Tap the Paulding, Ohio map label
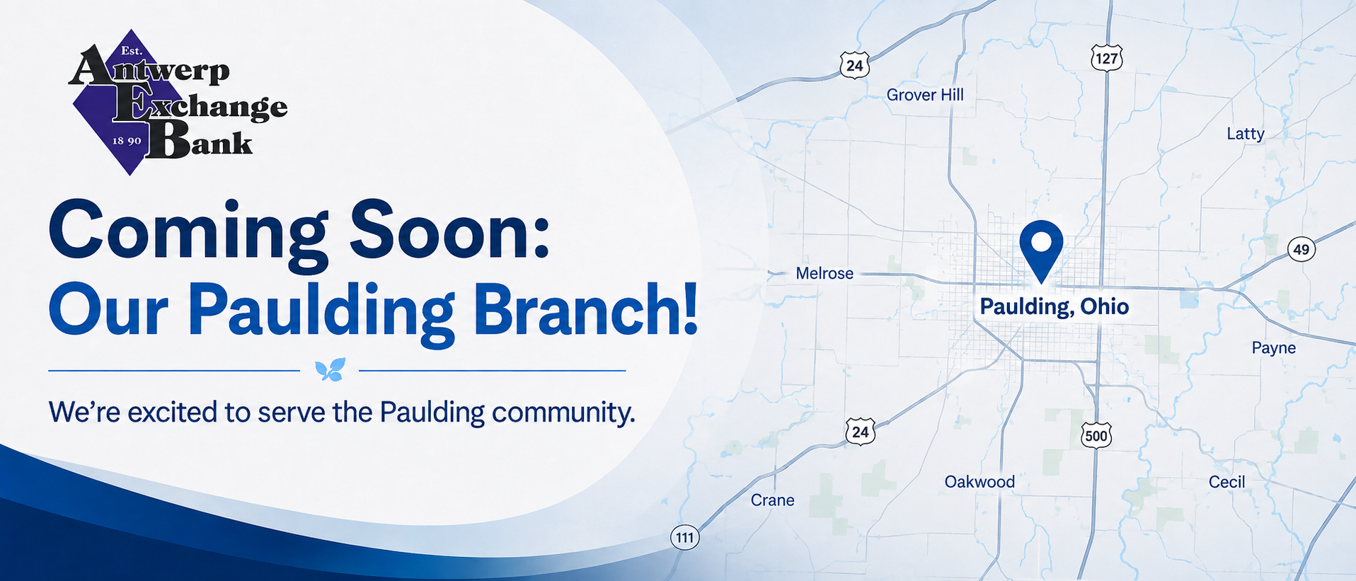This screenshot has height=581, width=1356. pos(1054,306)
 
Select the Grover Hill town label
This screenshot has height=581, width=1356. pos(925,95)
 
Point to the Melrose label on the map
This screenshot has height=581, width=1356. pos(824,273)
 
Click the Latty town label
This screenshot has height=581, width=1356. pos(1245,134)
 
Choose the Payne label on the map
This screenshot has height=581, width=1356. pos(1274,347)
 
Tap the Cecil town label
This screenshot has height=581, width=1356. pos(1226,482)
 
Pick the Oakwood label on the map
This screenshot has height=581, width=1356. pos(979,482)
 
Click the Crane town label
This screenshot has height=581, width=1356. pos(772,500)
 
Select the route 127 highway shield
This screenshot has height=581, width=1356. pos(1106,58)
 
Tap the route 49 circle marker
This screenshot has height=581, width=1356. pos(1301,249)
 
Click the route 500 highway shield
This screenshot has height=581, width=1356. pos(1096,435)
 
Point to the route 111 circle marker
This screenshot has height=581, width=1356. pos(684,538)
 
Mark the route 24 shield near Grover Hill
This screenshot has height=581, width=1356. pos(855,66)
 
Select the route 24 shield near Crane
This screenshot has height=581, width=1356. pos(860,432)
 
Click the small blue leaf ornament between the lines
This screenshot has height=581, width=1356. pos(330,369)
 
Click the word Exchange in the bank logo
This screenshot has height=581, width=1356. pos(200,107)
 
